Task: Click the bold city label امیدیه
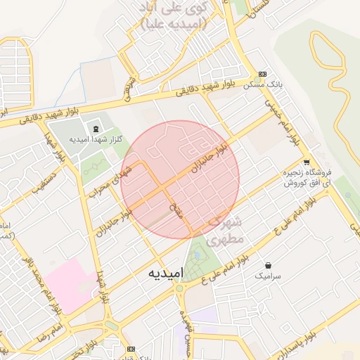click(166, 272)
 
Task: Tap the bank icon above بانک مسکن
click(263, 74)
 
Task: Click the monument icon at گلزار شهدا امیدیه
click(95, 127)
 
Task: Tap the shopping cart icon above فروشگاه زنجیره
click(306, 162)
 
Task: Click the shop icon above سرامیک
click(268, 266)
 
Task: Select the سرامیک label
click(268, 277)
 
